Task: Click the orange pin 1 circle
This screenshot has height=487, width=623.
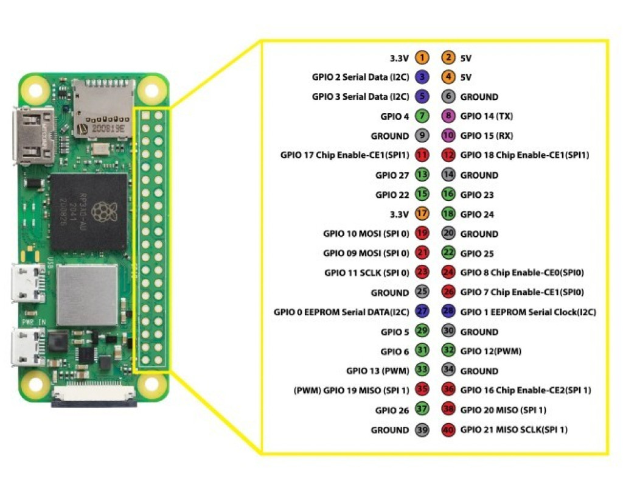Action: point(422,58)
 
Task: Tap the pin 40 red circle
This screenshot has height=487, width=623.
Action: point(448,430)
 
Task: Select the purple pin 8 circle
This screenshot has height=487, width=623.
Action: point(448,116)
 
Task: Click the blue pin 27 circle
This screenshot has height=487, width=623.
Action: point(422,312)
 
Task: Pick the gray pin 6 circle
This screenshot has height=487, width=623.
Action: point(448,97)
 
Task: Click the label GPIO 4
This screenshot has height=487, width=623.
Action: point(394,116)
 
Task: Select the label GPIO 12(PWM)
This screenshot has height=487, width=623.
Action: point(490,351)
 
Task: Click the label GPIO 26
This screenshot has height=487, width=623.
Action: point(392,410)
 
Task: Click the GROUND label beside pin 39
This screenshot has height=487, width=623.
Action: point(390,430)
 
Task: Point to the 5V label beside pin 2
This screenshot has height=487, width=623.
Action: point(466,58)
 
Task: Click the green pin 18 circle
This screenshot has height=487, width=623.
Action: point(448,214)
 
